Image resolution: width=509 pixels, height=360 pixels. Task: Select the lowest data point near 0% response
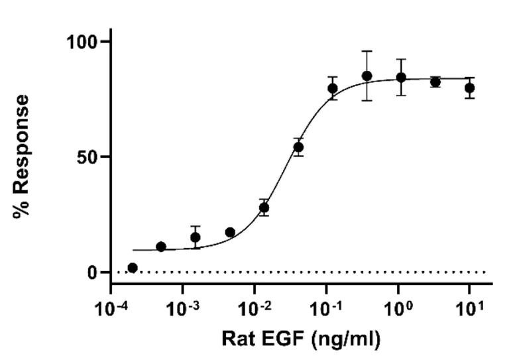[133, 268]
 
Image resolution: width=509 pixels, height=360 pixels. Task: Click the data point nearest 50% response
[298, 147]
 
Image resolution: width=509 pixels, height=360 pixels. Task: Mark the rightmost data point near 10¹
[470, 88]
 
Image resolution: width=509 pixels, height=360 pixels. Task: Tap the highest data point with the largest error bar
[367, 76]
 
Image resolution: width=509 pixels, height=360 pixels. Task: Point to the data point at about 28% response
[264, 208]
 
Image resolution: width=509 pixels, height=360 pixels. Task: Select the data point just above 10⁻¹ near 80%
[333, 88]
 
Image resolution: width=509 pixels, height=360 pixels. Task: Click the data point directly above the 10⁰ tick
[401, 77]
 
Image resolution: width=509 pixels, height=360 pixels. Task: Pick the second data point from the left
[160, 247]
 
